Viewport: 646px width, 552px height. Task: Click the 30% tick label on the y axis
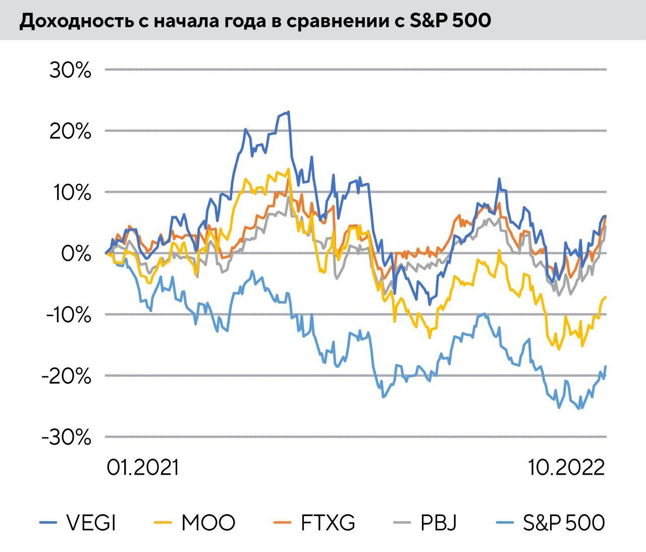pos(71,71)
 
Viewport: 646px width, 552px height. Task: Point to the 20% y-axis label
pos(71,132)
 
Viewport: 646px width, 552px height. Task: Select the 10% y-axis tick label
pos(71,193)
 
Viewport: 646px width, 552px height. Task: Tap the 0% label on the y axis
pos(76,254)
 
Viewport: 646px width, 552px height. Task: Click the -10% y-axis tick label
pos(68,315)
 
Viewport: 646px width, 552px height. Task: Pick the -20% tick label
pos(68,376)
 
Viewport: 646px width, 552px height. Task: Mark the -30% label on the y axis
pos(68,437)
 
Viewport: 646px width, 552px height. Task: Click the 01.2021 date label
pos(143,468)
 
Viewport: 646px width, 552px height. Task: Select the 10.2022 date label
pos(567,468)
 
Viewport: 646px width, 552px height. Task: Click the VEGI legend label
pos(91,523)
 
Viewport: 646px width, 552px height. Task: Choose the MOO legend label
pos(208,523)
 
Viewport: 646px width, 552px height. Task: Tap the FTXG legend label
pos(328,523)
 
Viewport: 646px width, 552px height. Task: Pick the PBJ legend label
pos(439,523)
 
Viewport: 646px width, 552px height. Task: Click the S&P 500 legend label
pos(564,523)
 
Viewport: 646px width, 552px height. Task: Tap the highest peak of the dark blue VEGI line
pos(288,112)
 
